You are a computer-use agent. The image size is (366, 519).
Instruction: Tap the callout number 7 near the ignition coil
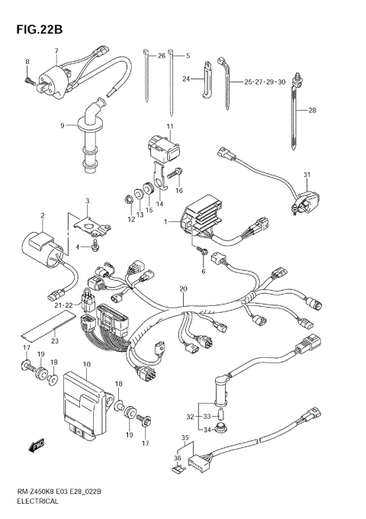[x=56, y=51]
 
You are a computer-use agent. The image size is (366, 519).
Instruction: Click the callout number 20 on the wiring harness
[x=182, y=289]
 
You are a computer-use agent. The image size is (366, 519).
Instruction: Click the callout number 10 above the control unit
[x=87, y=366]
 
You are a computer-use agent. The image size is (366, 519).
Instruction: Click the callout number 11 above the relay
[x=170, y=126]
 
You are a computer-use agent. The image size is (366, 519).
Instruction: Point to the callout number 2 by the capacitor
[x=43, y=216]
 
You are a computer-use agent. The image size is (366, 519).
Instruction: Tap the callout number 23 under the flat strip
[x=53, y=341]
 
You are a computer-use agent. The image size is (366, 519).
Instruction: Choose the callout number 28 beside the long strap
[x=312, y=111]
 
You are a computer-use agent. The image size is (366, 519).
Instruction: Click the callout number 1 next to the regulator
[x=165, y=221]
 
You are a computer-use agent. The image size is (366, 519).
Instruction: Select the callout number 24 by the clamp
[x=185, y=79]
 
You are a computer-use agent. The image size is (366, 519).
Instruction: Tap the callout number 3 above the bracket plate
[x=87, y=201]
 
